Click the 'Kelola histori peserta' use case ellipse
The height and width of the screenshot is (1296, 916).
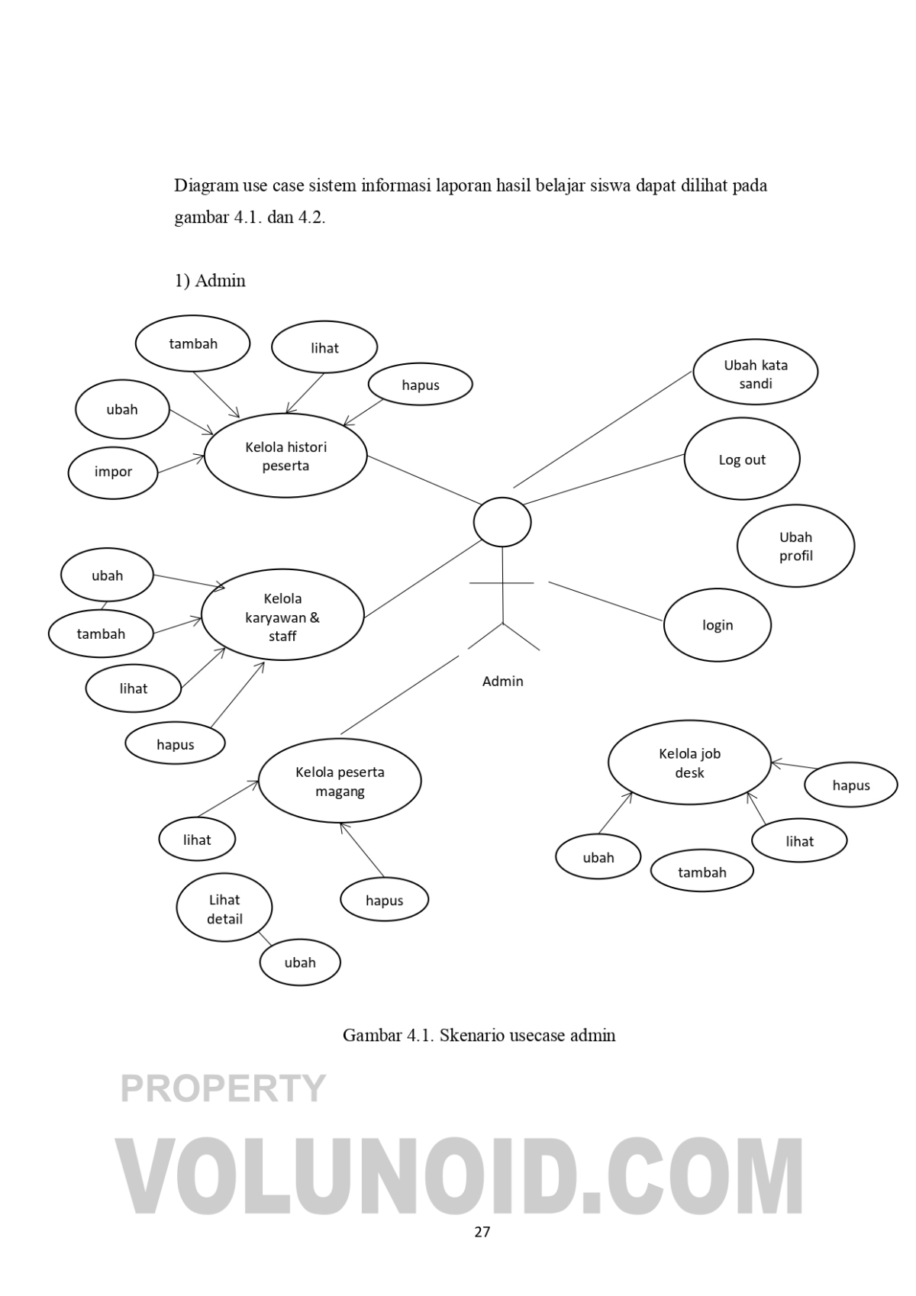tap(285, 456)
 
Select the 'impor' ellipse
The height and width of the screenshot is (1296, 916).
tap(113, 472)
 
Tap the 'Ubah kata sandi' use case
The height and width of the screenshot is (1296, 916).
tap(755, 374)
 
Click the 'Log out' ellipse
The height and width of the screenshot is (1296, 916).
tap(741, 459)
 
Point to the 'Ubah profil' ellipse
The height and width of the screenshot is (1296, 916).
tap(795, 546)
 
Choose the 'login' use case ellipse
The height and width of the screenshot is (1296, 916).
tap(717, 625)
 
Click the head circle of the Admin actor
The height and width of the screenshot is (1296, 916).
tap(502, 522)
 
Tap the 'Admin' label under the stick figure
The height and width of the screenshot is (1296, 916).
tap(502, 682)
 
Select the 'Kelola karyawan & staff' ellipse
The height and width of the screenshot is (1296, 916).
tap(282, 617)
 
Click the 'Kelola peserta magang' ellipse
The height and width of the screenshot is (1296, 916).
tap(340, 781)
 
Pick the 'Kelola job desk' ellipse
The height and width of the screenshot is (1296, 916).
tap(689, 762)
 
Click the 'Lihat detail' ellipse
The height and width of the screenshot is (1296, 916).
tap(224, 908)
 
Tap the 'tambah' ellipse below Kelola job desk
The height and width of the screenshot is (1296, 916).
tap(702, 872)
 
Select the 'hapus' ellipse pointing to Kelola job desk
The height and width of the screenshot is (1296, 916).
tap(850, 785)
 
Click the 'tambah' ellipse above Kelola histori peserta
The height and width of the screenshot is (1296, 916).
tap(193, 344)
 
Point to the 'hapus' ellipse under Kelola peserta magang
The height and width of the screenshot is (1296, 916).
tap(384, 901)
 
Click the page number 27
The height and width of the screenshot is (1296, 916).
tap(482, 1232)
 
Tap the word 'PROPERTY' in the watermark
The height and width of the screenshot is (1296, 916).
tap(223, 1089)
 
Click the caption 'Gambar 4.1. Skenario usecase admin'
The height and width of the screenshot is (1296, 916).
tap(479, 1036)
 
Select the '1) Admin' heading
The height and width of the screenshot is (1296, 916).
tap(210, 281)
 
